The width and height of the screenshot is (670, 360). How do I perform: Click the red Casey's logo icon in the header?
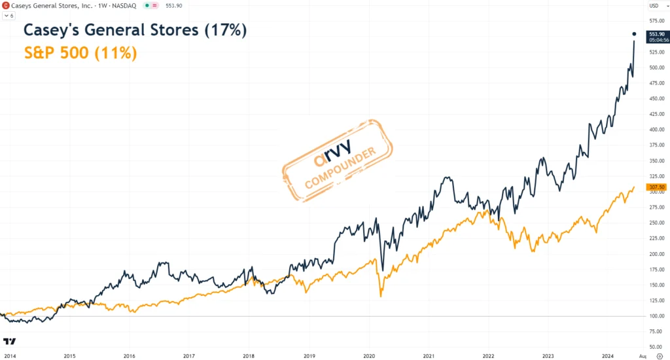tap(6, 5)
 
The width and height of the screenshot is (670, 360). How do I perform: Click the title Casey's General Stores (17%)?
tap(135, 30)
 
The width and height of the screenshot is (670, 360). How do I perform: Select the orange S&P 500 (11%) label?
tap(80, 53)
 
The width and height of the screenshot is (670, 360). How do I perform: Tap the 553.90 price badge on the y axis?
tap(657, 34)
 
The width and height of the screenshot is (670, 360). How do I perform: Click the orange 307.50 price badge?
tap(656, 188)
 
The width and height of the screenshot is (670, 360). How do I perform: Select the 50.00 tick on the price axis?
tap(655, 347)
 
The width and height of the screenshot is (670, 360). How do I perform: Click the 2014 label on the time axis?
tap(9, 356)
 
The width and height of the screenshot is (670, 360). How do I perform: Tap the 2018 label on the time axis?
tap(249, 356)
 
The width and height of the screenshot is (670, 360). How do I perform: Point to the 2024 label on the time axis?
tap(608, 356)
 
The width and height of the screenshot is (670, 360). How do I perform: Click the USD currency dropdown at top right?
tap(655, 6)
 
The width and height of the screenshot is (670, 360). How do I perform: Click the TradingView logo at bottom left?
tap(9, 342)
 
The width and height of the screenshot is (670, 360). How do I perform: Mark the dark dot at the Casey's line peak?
tap(634, 33)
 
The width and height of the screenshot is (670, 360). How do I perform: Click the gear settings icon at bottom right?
tap(659, 356)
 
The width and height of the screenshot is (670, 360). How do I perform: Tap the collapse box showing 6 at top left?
tap(9, 15)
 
